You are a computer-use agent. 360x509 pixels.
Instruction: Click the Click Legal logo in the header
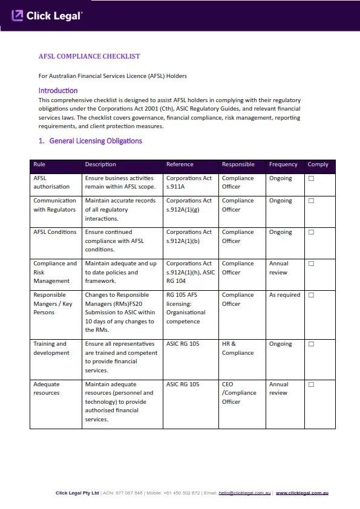tap(47, 16)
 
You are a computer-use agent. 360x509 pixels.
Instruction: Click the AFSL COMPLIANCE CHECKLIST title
tap(89, 56)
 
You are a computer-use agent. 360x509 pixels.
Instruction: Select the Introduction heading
tap(58, 91)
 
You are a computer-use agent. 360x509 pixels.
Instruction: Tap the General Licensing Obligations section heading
tap(90, 141)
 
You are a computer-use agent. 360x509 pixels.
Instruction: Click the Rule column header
tap(39, 164)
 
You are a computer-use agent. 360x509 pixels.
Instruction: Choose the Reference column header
tap(180, 164)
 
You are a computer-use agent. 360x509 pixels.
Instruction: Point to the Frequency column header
tap(283, 164)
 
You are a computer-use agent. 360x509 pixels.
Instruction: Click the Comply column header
tap(318, 164)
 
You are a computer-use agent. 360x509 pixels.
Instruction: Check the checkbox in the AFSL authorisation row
tap(311, 178)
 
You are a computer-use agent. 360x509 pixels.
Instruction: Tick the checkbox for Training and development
tap(311, 344)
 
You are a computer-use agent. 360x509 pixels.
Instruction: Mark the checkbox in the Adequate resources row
tap(311, 384)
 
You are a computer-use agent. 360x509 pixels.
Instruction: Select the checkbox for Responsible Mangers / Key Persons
tap(311, 295)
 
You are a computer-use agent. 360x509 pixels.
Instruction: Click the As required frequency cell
tap(284, 295)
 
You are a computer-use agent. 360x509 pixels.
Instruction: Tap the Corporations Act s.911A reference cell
tap(189, 183)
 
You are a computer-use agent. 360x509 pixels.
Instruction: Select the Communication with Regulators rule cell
tap(54, 205)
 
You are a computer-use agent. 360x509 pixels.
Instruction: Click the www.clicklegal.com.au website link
tap(302, 493)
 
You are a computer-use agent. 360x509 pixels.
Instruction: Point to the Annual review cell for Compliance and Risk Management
tap(279, 268)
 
